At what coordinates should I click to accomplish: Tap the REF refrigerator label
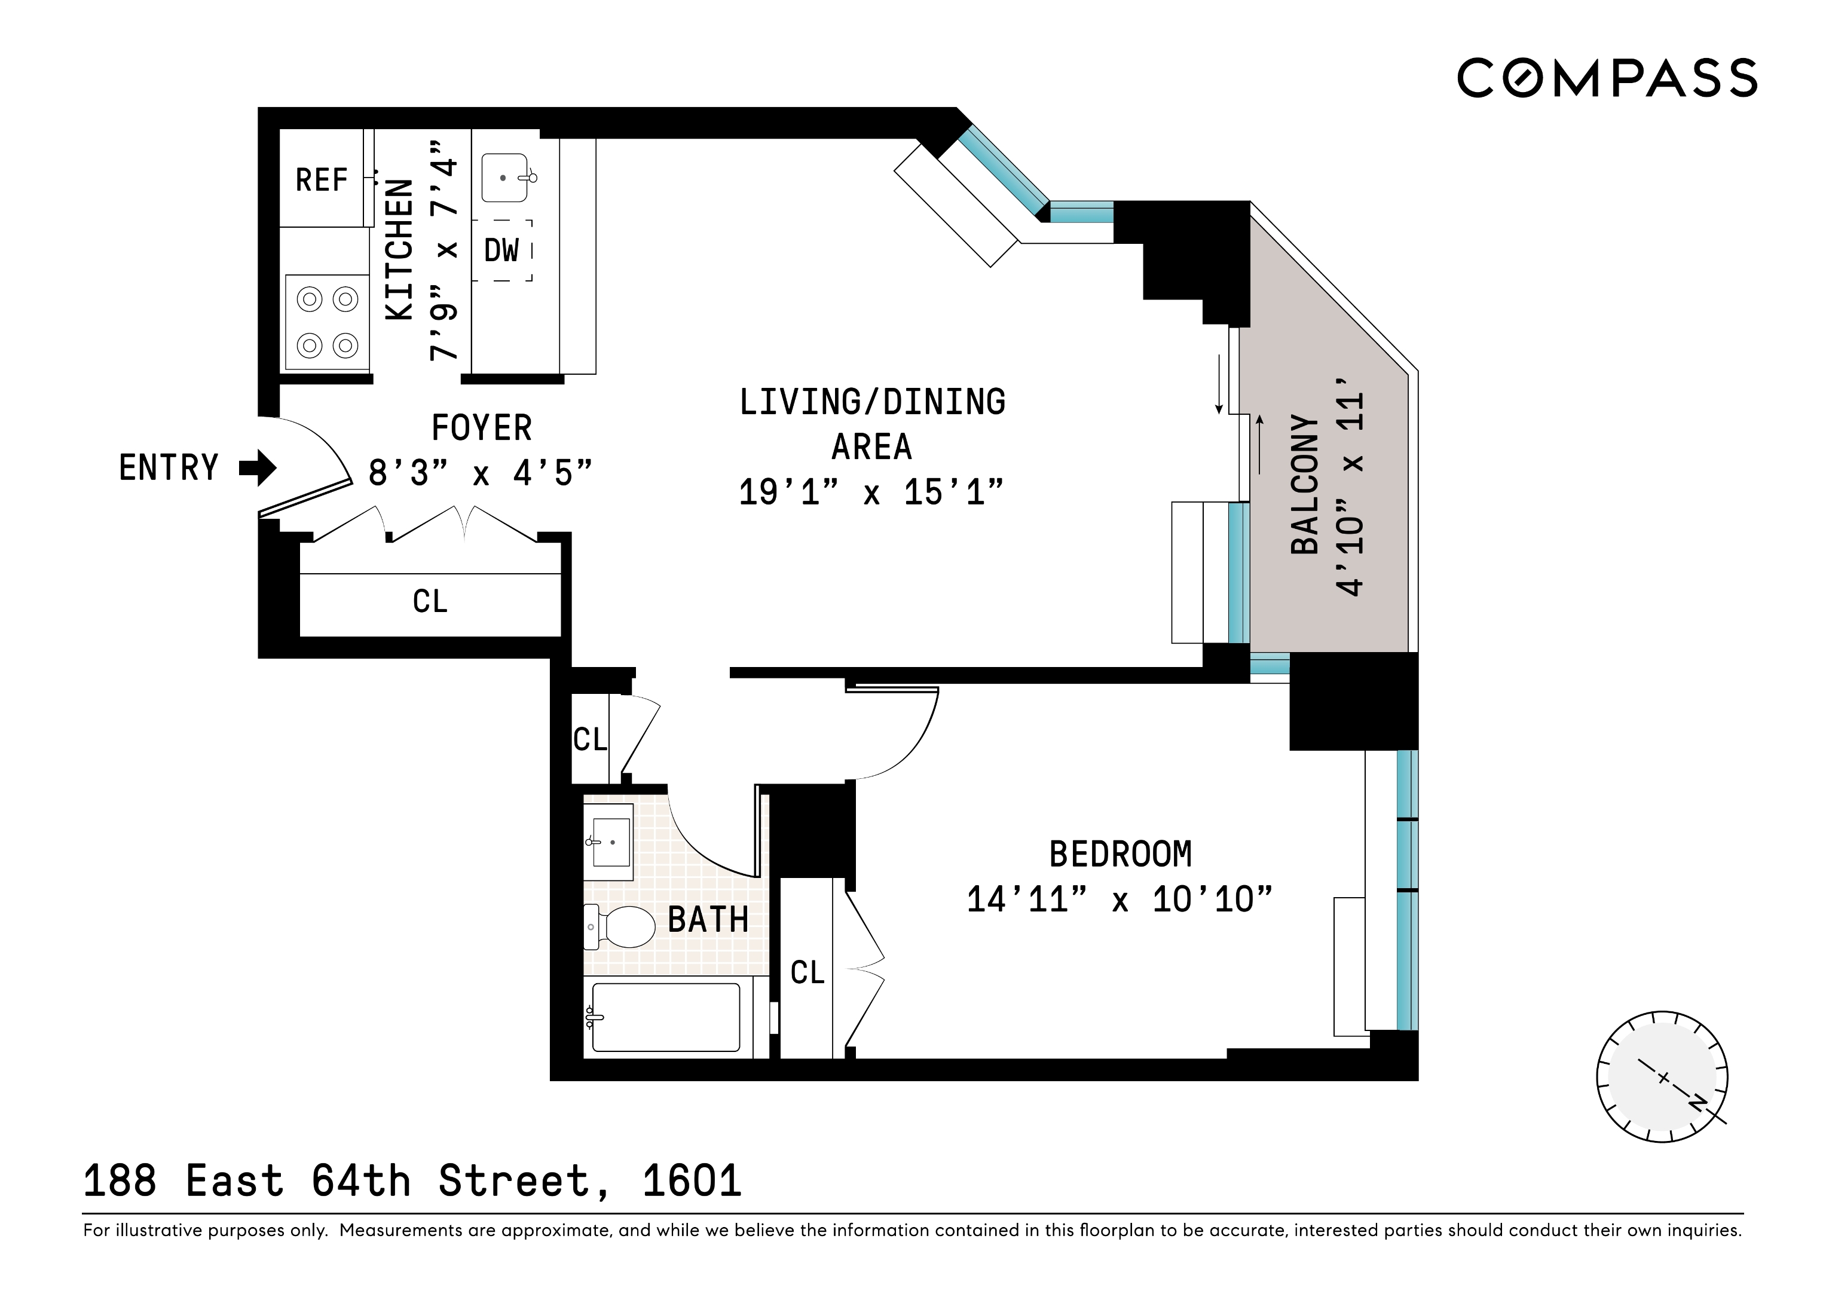pyautogui.click(x=322, y=181)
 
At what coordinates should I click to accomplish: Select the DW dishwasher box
pyautogui.click(x=501, y=250)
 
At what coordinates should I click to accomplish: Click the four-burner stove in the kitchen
pyautogui.click(x=327, y=322)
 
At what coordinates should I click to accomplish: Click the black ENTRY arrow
pyautogui.click(x=258, y=468)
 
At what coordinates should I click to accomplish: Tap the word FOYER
pyautogui.click(x=481, y=428)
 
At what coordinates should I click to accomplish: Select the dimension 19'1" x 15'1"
pyautogui.click(x=871, y=492)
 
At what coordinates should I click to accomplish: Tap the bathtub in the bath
pyautogui.click(x=666, y=1017)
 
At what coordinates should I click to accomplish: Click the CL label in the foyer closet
pyautogui.click(x=430, y=601)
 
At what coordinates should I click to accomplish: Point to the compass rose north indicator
pyautogui.click(x=1696, y=1105)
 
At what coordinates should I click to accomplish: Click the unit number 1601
pyautogui.click(x=692, y=1181)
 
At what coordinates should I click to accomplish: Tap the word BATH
pyautogui.click(x=708, y=920)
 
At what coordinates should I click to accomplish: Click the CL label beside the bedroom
pyautogui.click(x=808, y=972)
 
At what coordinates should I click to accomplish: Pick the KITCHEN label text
pyautogui.click(x=400, y=250)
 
